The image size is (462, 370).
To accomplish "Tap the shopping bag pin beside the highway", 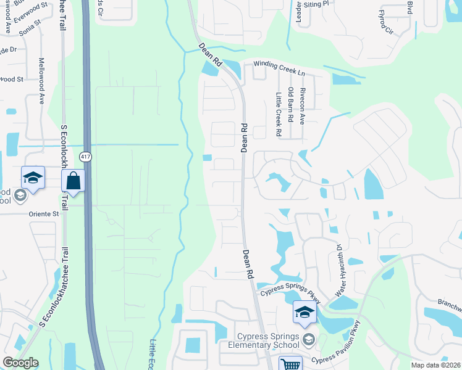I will tap(73, 181).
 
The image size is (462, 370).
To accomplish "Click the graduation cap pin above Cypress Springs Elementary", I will tap(304, 313).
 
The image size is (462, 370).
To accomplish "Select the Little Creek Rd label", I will tap(279, 114).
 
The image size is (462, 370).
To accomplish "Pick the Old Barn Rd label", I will tap(290, 105).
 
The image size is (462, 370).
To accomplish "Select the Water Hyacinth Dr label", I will tap(338, 269).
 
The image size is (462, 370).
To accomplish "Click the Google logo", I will tap(20, 363).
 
